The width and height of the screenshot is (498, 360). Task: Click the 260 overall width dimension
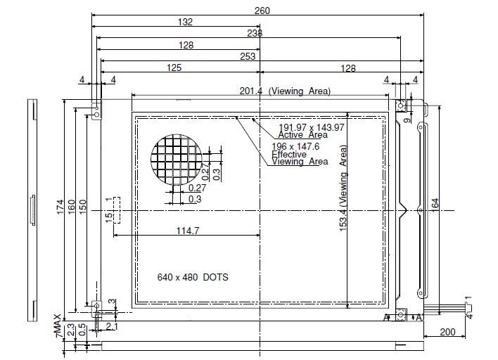(x=262, y=11)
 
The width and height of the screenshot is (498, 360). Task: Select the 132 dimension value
(x=185, y=22)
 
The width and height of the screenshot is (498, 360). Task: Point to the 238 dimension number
(x=255, y=33)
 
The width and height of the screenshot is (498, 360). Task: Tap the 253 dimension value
(x=248, y=56)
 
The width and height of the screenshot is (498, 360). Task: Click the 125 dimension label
(x=174, y=67)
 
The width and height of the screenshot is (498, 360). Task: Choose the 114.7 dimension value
(x=188, y=231)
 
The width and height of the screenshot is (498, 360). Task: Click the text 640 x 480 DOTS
(x=193, y=277)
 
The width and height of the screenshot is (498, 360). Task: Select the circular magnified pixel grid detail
(x=177, y=160)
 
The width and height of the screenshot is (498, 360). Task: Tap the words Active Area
(x=302, y=135)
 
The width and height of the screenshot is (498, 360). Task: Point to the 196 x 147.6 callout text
(x=295, y=146)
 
